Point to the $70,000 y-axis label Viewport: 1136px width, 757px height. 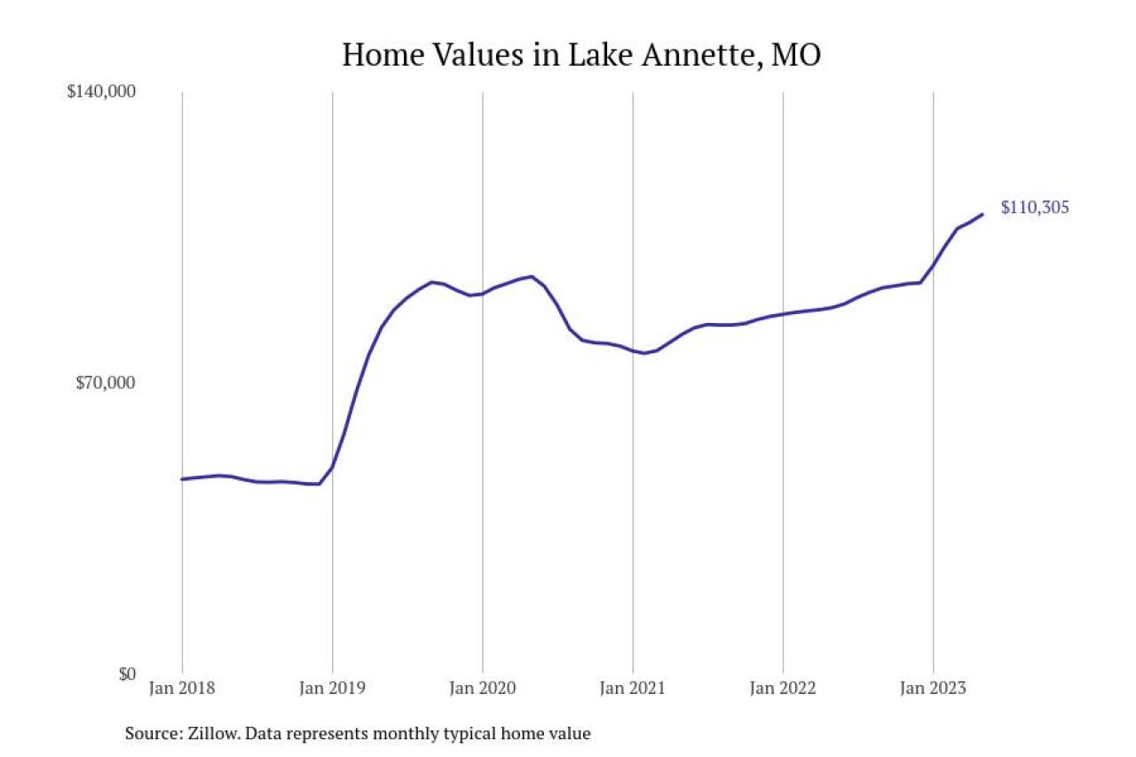(x=106, y=383)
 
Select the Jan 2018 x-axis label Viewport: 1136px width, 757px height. (x=182, y=688)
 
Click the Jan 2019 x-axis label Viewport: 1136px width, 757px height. (x=332, y=688)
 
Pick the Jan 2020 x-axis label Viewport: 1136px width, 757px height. (x=482, y=688)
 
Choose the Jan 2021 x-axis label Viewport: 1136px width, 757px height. (x=633, y=688)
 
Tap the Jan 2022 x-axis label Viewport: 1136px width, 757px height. (x=783, y=688)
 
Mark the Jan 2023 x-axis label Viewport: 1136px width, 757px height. (x=933, y=688)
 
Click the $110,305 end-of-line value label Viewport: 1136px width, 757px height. (x=1035, y=208)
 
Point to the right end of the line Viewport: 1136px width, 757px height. (x=982, y=214)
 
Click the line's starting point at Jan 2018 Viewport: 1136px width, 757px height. (x=182, y=479)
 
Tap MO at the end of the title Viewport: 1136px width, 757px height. (x=796, y=55)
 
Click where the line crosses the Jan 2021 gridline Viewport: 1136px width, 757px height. (x=633, y=351)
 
